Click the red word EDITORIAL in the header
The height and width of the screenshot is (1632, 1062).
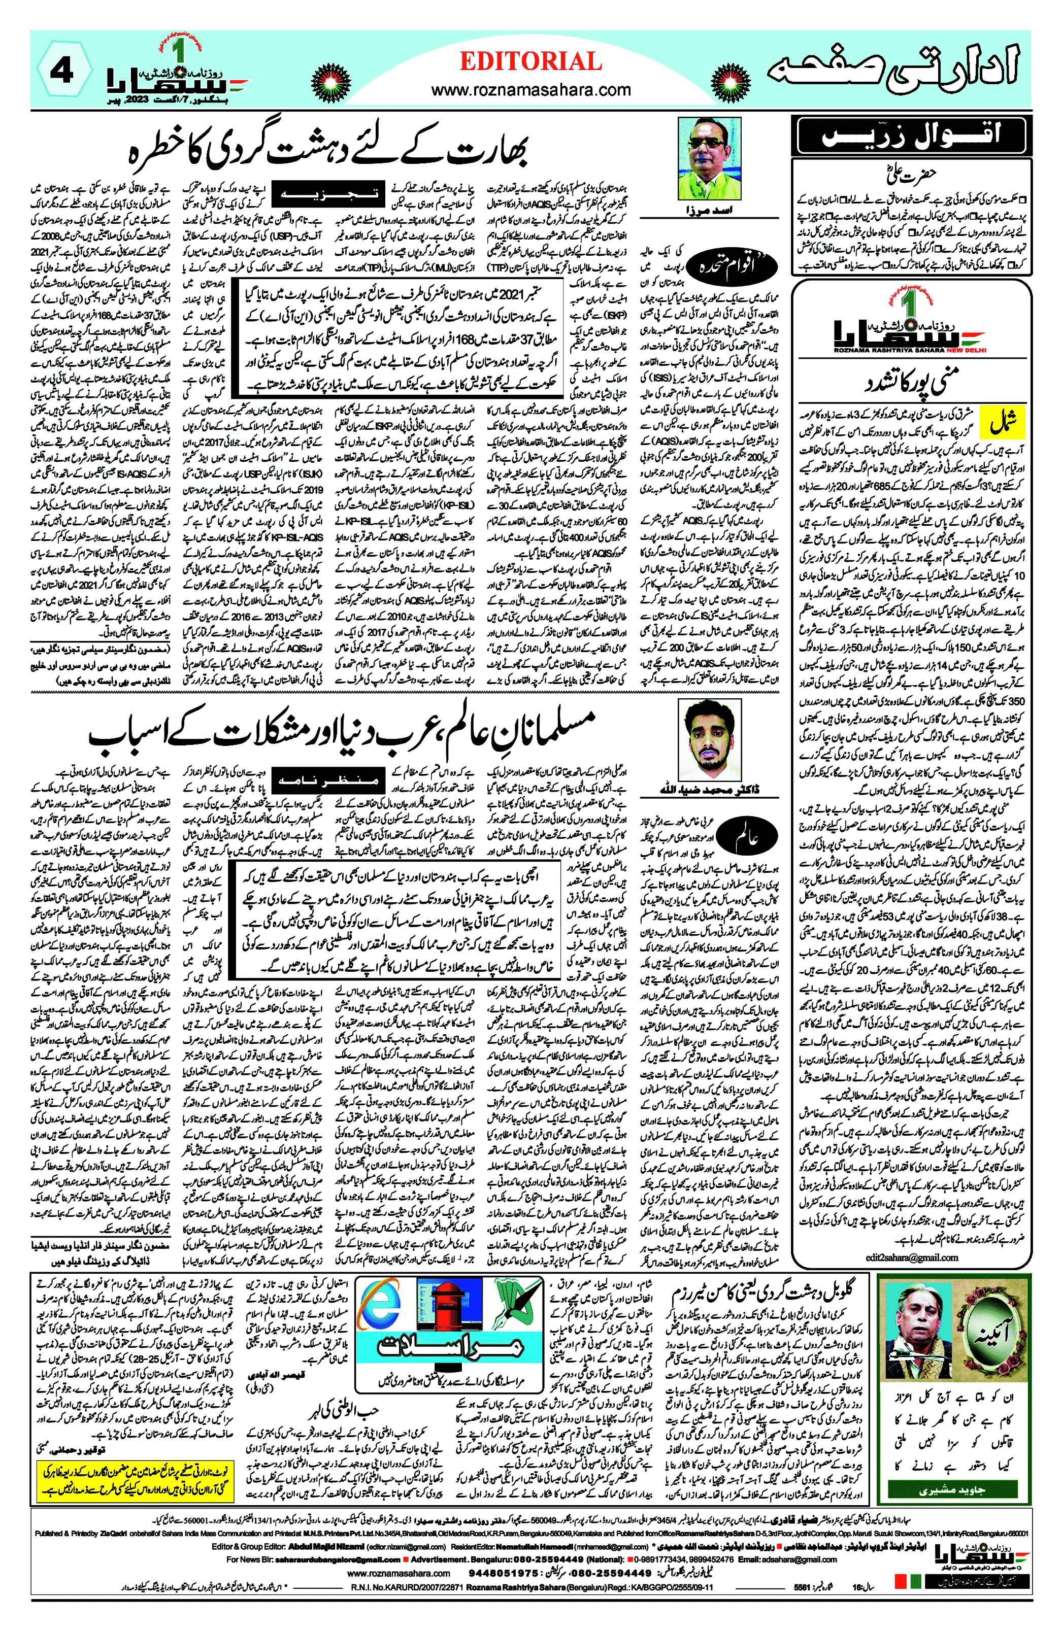tap(530, 62)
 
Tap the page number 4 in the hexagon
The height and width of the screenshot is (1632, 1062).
tap(62, 70)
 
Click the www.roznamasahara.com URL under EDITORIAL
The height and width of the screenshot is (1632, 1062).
tap(530, 90)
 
